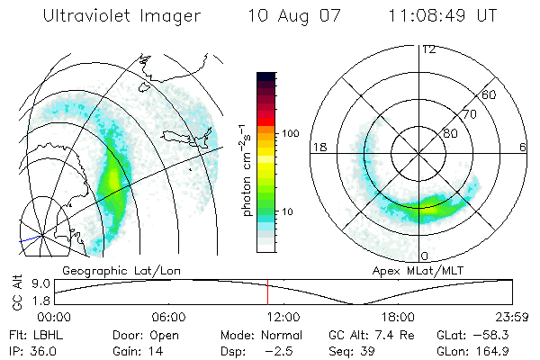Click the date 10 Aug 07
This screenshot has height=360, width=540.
(x=289, y=18)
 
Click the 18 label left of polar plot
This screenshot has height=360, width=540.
(x=318, y=147)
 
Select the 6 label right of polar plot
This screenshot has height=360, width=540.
(x=524, y=147)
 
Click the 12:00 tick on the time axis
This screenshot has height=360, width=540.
(x=283, y=317)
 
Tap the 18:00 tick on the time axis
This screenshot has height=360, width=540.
(x=398, y=317)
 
